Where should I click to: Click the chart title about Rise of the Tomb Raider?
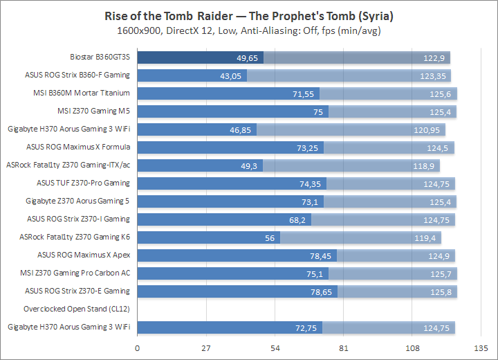[x=249, y=15]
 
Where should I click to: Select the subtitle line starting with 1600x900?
[x=249, y=31]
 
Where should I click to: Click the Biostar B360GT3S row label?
[x=100, y=57]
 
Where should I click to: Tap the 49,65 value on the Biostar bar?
[x=248, y=57]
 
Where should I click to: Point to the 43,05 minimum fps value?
[x=231, y=75]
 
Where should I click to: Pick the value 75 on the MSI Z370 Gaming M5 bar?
[x=318, y=111]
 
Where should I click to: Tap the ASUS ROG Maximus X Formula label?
[x=78, y=147]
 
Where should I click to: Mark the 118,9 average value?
[x=423, y=165]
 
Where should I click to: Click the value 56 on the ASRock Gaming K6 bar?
[x=270, y=237]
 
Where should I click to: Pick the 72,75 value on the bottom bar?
[x=307, y=327]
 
